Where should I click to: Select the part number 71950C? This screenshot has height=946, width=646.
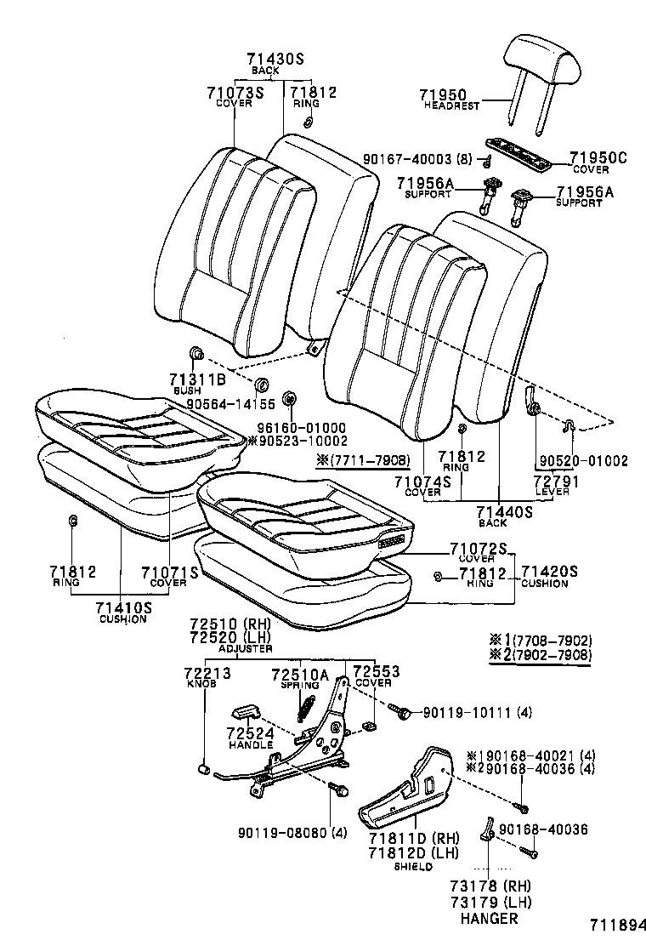(598, 157)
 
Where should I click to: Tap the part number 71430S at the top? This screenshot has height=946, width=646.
(275, 59)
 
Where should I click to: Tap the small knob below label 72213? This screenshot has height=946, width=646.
(203, 769)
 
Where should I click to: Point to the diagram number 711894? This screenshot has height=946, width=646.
(609, 925)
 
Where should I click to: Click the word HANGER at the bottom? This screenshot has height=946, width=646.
(489, 919)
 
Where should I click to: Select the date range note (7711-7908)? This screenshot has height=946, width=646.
(363, 460)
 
